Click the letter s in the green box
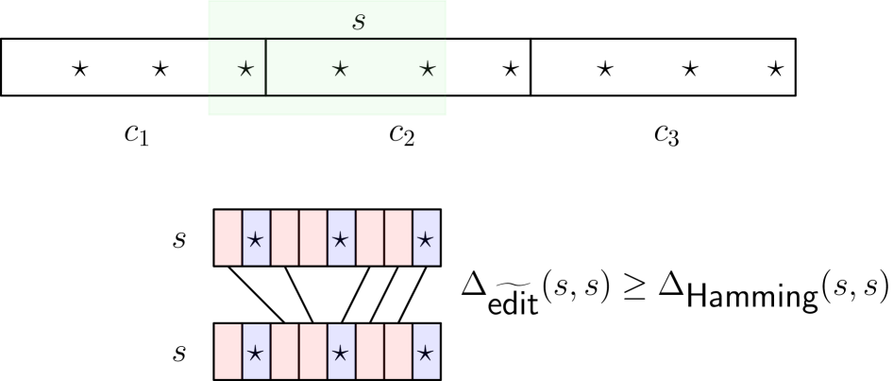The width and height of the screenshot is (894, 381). [359, 21]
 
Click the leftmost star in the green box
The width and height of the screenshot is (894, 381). [245, 68]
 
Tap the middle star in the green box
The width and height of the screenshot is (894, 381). [340, 68]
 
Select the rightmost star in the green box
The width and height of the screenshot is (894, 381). [428, 68]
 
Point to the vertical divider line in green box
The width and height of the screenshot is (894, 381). [265, 67]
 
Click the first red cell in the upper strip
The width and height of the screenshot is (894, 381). [228, 237]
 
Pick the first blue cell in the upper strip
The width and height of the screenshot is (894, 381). [256, 237]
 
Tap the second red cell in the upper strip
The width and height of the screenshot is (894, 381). [284, 237]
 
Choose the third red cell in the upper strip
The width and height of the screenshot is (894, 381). [312, 237]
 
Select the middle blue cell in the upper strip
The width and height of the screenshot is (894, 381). [341, 237]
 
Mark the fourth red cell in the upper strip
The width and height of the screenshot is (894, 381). [369, 237]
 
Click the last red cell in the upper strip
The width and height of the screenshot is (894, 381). [397, 237]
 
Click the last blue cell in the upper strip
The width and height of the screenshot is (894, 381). [426, 237]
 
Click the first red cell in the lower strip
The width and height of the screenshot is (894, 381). [228, 351]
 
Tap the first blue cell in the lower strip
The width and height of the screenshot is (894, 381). [256, 351]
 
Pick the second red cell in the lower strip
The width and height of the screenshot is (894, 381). [284, 351]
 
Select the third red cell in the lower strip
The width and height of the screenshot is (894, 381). [312, 351]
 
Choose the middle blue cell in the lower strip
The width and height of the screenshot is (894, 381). [341, 351]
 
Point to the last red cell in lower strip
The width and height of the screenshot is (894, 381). [397, 351]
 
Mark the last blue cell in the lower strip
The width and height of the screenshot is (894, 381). [426, 351]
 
